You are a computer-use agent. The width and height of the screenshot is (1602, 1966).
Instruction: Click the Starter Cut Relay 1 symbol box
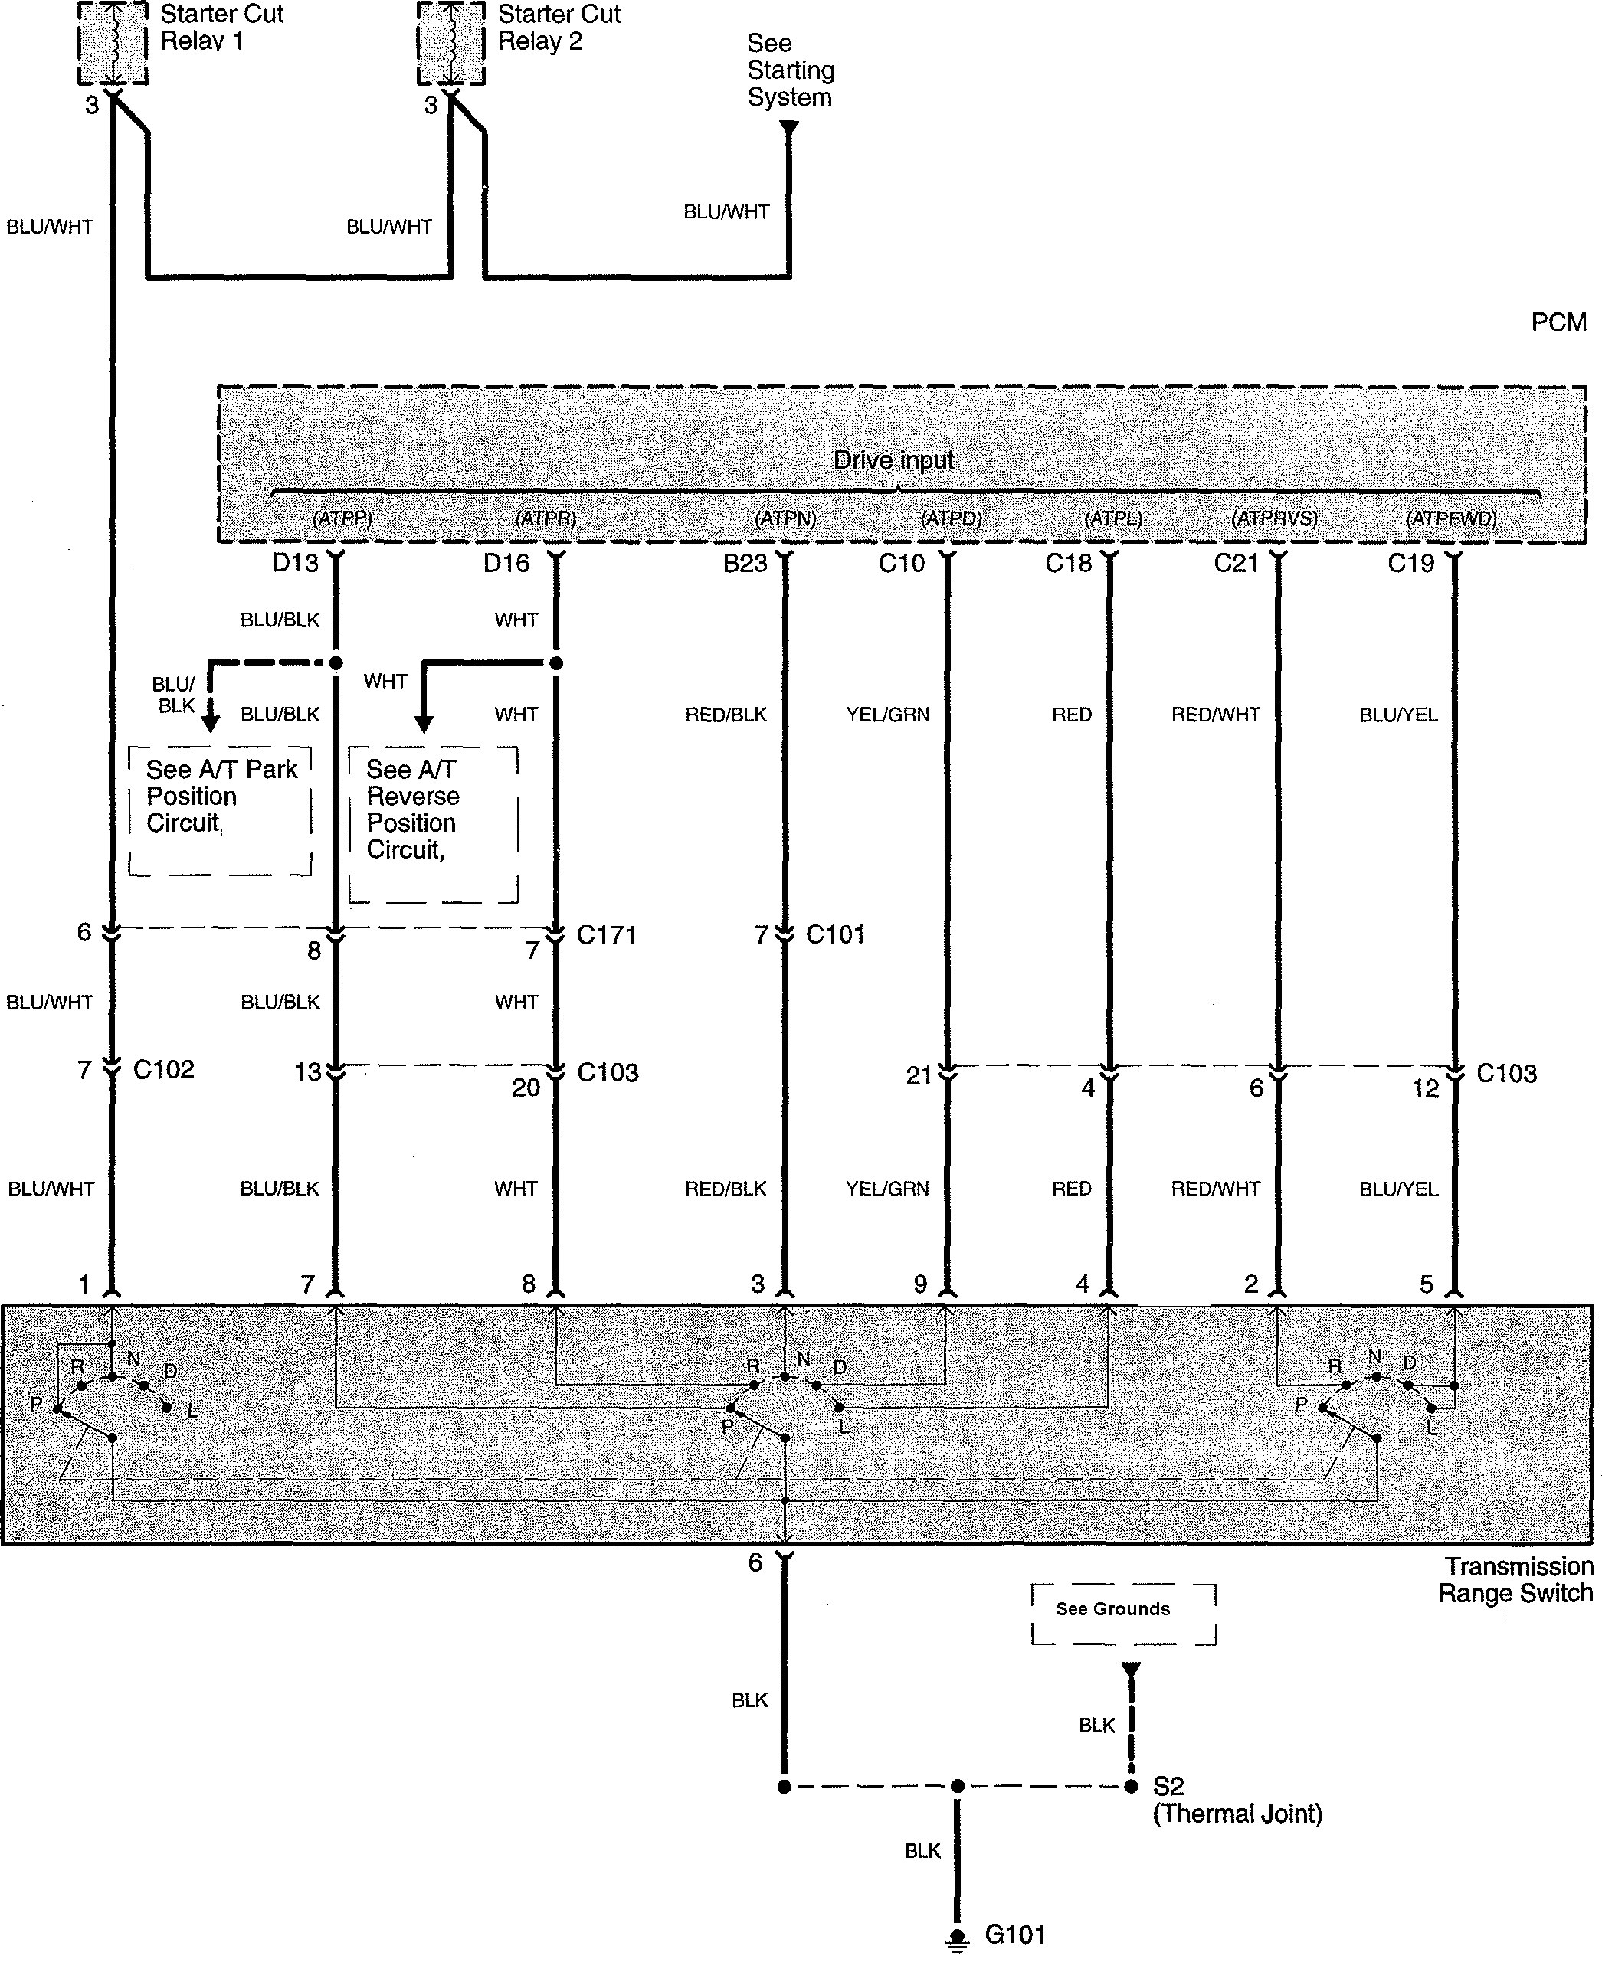tap(112, 42)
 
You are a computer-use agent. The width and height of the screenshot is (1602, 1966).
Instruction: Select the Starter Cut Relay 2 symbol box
tap(450, 42)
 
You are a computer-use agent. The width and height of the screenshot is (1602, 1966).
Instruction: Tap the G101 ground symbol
tap(958, 1935)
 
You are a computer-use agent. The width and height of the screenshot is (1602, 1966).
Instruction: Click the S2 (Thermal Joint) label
tap(1237, 1800)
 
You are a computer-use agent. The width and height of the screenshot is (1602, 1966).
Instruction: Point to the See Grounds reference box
tap(1123, 1614)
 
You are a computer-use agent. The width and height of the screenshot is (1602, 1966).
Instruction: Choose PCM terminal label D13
tap(295, 563)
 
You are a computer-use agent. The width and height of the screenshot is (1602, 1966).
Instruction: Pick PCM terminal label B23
tap(745, 563)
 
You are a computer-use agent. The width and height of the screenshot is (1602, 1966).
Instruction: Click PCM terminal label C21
tap(1236, 563)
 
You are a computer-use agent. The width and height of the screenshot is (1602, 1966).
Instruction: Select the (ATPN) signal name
tap(785, 518)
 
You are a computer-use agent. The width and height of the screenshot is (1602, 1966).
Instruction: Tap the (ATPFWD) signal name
tap(1450, 518)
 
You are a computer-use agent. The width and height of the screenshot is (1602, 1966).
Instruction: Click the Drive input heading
tap(893, 460)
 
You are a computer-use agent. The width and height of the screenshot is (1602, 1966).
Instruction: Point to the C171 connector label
tap(606, 935)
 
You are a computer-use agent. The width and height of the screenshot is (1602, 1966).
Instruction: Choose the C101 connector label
tap(835, 935)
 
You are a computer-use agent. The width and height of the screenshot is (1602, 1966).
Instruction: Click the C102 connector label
tap(163, 1070)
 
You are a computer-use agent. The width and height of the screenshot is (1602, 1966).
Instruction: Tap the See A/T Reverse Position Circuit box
tap(433, 823)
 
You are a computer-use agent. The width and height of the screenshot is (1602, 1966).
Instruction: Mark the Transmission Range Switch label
tap(1517, 1579)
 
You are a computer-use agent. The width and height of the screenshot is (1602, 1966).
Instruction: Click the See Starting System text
tap(790, 70)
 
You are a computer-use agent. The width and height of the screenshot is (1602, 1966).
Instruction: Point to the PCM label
tap(1558, 322)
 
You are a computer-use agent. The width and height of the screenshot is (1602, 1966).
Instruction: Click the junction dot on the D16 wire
tap(555, 663)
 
